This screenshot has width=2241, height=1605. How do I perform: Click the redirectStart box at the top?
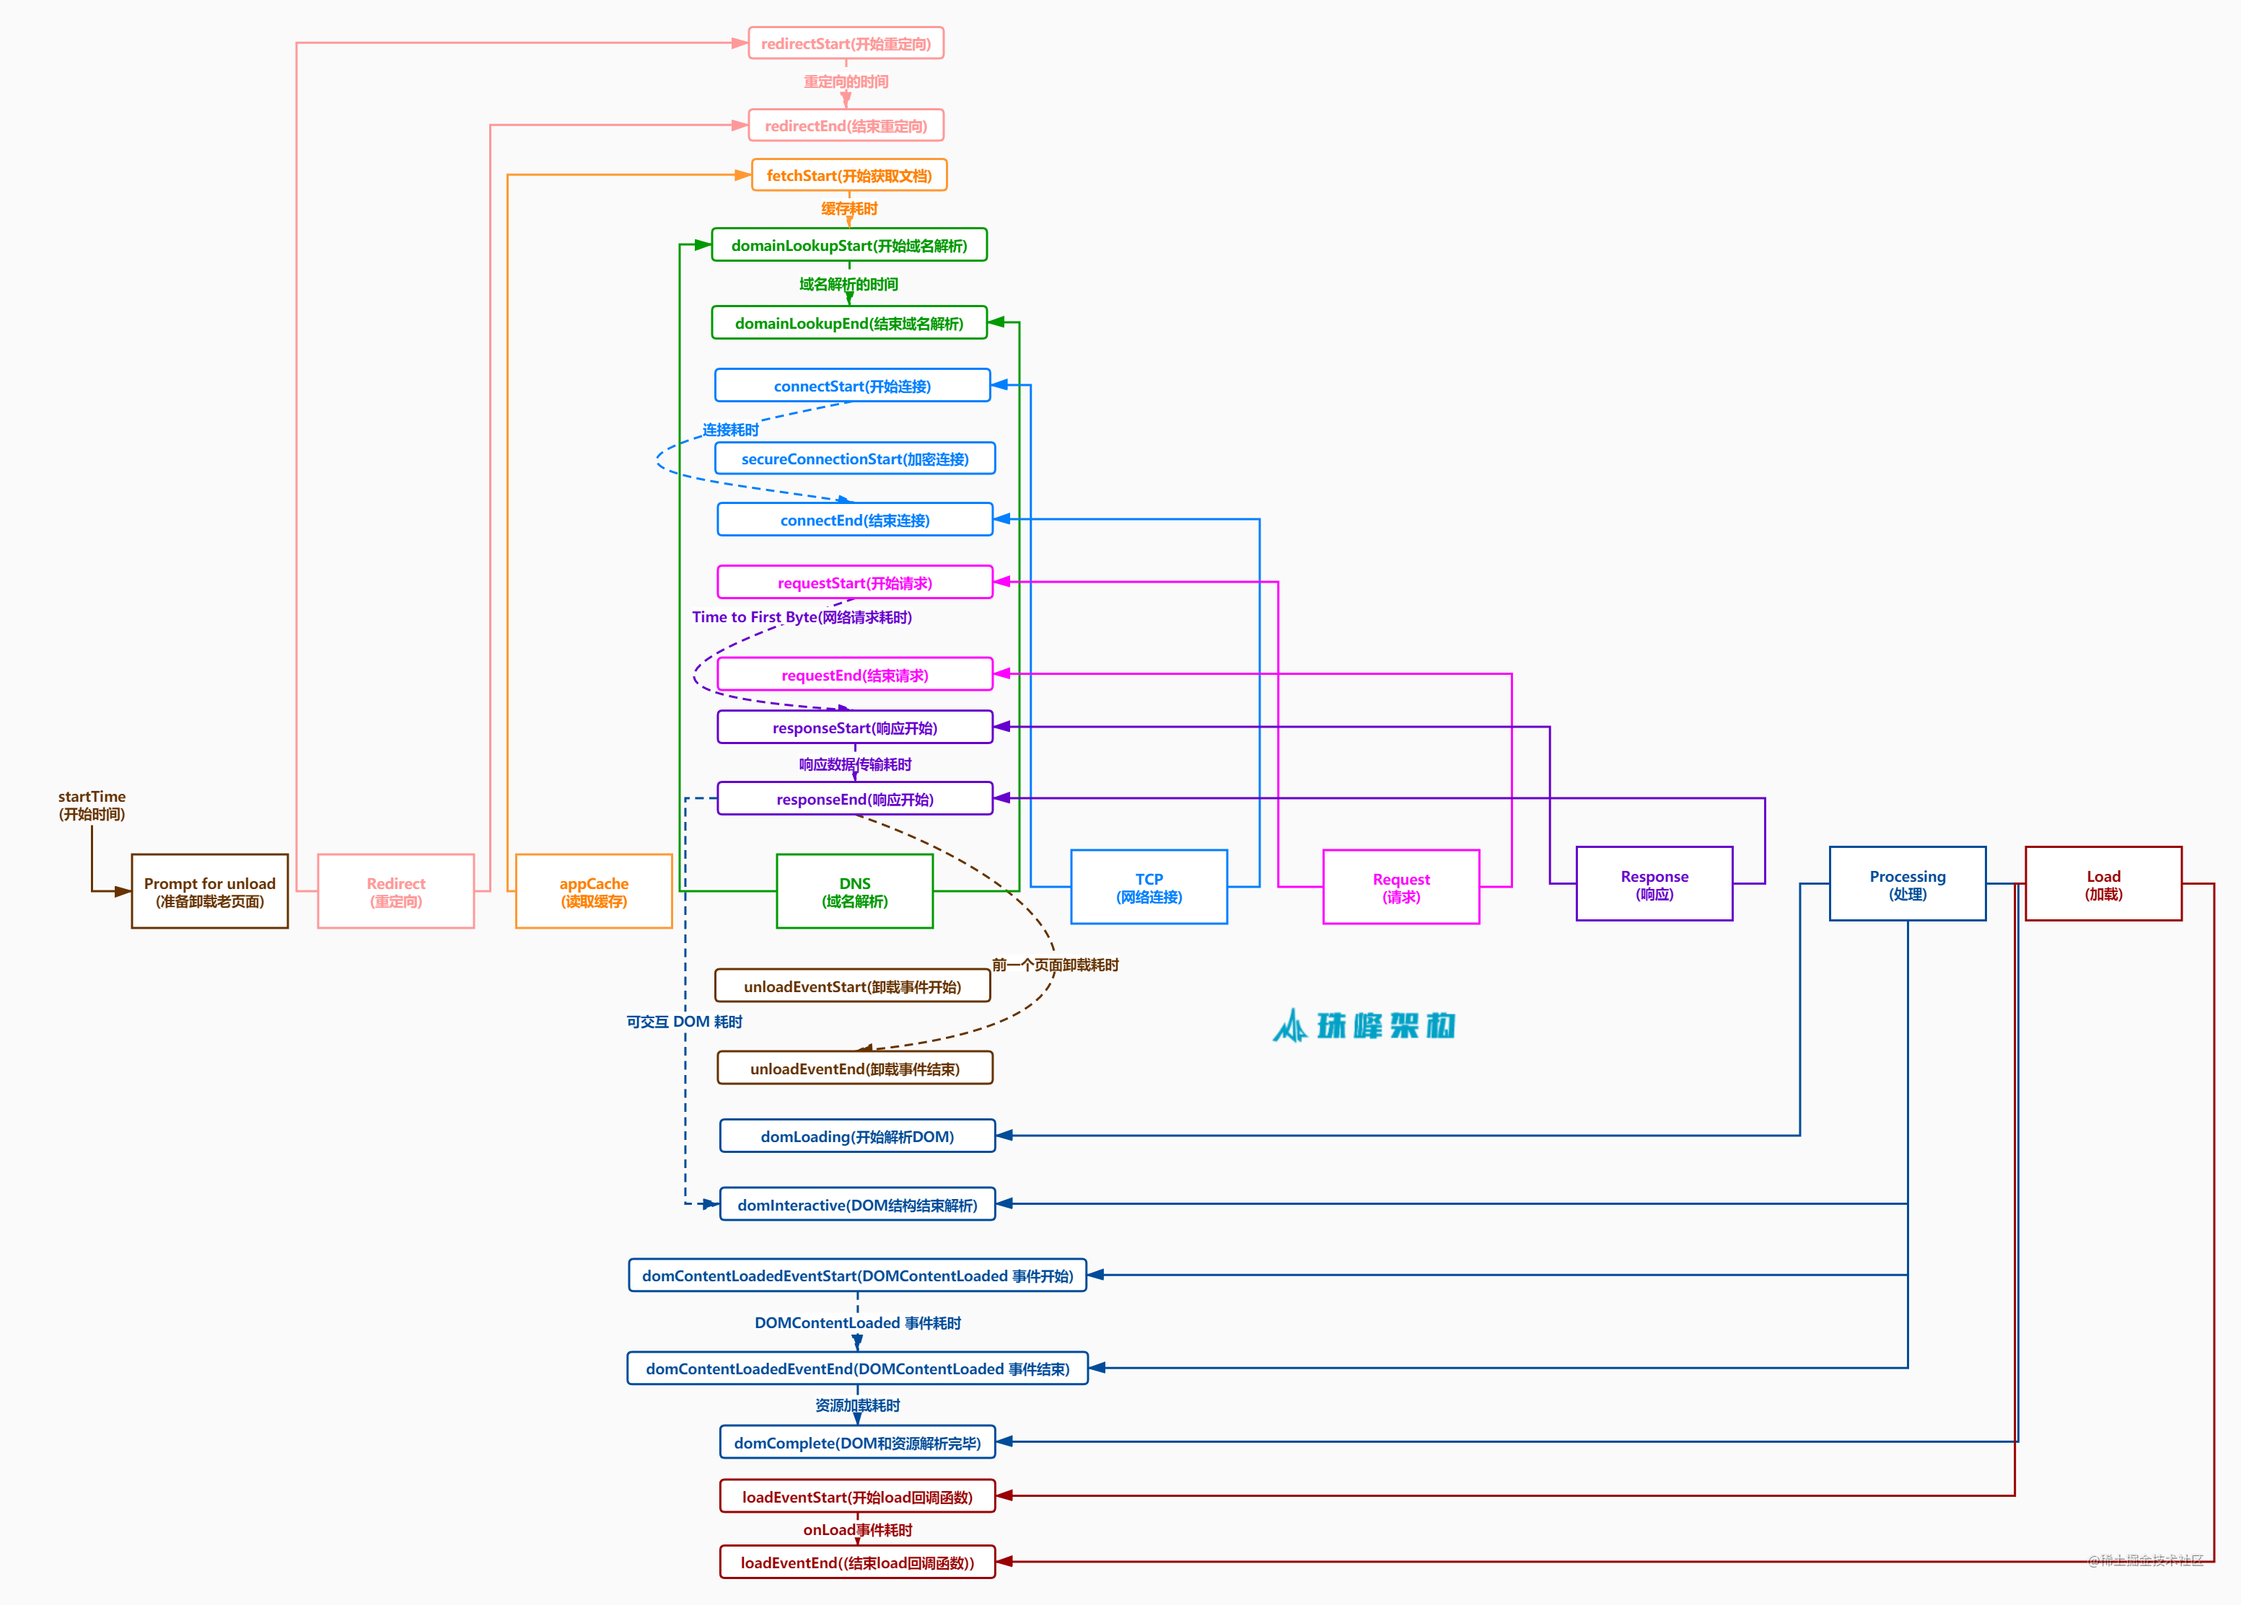tap(846, 43)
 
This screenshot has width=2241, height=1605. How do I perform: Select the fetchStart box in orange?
tap(848, 174)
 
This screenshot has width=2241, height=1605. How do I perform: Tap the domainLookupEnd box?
tap(848, 323)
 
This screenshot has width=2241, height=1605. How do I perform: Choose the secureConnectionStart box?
tap(855, 459)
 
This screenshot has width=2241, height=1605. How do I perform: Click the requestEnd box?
tap(855, 675)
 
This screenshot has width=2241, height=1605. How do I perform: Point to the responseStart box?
tap(855, 727)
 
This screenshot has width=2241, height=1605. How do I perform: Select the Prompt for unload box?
tap(209, 891)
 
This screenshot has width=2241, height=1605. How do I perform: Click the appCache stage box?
tap(594, 891)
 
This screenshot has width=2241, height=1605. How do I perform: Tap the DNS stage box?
tap(855, 891)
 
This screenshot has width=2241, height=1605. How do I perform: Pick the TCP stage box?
tap(1149, 887)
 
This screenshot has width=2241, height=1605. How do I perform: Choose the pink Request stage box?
tap(1401, 887)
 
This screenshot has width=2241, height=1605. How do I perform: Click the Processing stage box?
tap(1907, 884)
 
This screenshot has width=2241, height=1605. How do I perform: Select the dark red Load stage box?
tap(2104, 884)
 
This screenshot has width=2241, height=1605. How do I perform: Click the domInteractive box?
tap(856, 1204)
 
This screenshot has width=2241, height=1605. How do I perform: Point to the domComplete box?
tap(856, 1442)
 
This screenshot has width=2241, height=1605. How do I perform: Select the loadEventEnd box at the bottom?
tap(856, 1562)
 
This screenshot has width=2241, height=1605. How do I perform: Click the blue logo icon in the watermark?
tap(1289, 1026)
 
